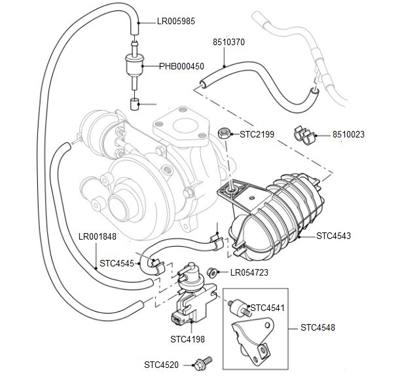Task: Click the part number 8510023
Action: point(348,135)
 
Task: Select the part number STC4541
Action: point(269,307)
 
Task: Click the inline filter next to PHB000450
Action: point(134,66)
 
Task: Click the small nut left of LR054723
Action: point(211,272)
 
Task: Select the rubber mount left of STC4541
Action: point(239,306)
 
